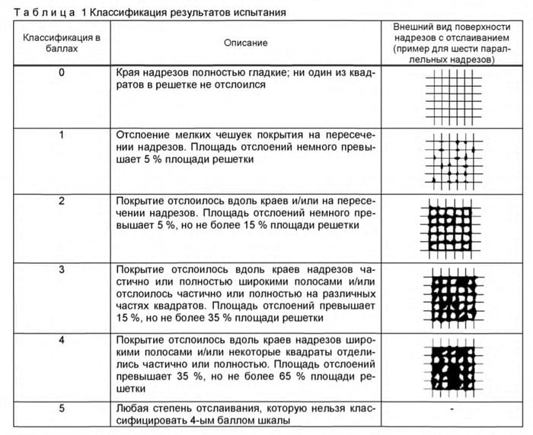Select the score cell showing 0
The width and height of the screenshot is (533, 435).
click(61, 74)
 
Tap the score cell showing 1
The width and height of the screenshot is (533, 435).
click(61, 135)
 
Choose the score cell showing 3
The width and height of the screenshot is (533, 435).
click(61, 269)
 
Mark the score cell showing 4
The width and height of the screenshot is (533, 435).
click(61, 338)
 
